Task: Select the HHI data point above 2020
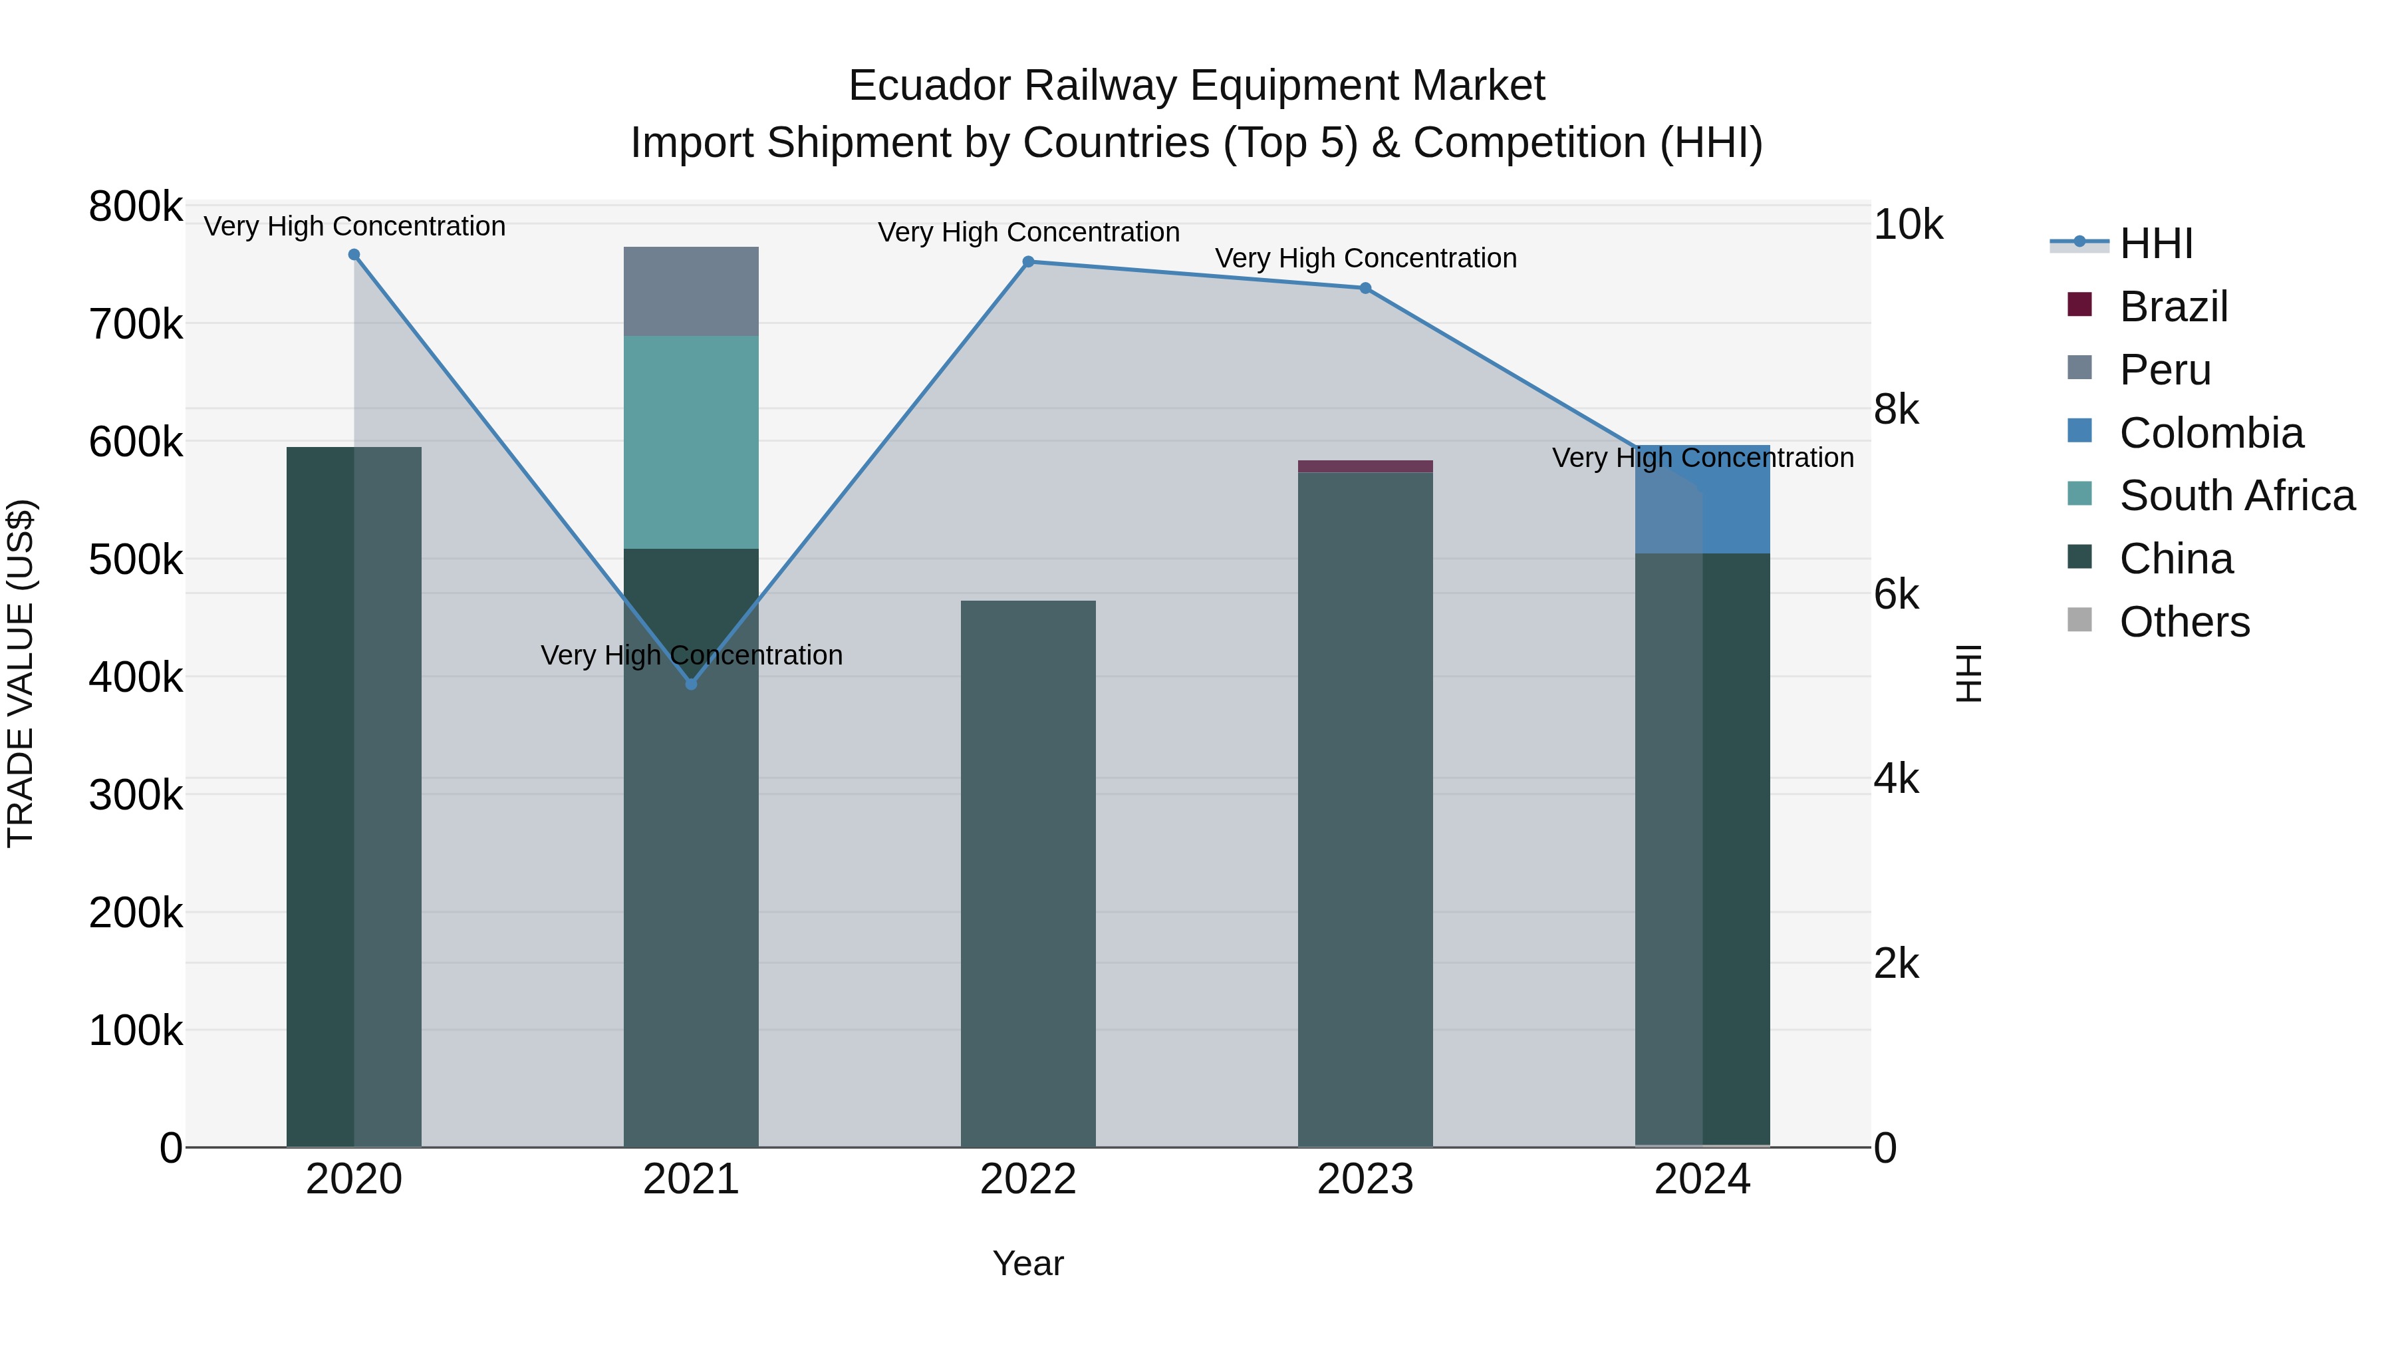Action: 354,255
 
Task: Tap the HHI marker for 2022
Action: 1028,262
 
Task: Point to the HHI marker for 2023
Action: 1365,288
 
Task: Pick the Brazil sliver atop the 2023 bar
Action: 1365,466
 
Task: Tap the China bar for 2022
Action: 1028,874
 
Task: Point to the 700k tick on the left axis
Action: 136,325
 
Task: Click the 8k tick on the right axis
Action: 1895,410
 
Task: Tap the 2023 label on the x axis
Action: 1365,1179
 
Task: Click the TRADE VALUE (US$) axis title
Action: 21,673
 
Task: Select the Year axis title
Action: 1028,1263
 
